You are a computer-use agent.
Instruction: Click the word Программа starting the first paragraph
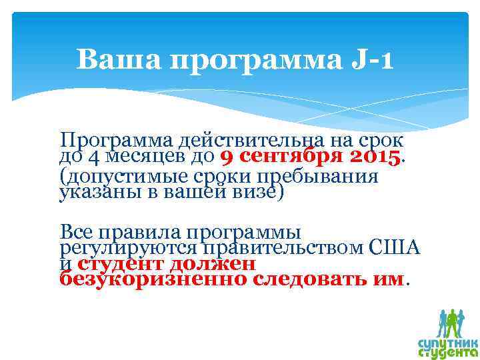click(117, 141)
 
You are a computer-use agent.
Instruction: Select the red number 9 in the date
click(226, 158)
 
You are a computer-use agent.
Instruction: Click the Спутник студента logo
click(449, 333)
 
